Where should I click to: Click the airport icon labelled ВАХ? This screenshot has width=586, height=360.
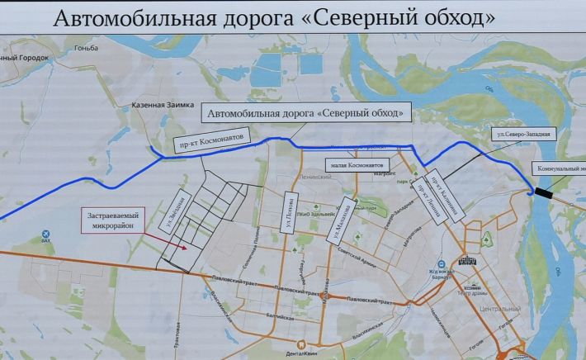[x=46, y=234]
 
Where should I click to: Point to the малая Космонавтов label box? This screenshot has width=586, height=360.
[x=355, y=163]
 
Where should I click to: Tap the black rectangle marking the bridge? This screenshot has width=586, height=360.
[x=546, y=192]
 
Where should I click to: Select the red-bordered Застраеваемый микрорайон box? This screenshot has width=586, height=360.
[x=114, y=220]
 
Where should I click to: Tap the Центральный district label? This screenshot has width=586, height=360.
[x=499, y=309]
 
